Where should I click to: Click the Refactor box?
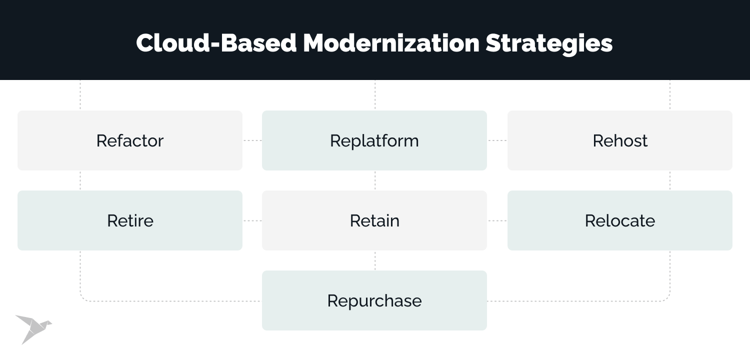tap(130, 140)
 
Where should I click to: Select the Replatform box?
tap(374, 140)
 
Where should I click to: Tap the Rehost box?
tap(620, 140)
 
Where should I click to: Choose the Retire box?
tap(130, 220)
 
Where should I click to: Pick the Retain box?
tap(374, 220)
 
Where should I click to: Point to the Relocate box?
tap(620, 220)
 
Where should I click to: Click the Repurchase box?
tap(374, 300)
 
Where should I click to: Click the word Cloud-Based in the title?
tap(216, 43)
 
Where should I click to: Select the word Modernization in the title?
tap(391, 43)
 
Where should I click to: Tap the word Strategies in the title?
tap(549, 43)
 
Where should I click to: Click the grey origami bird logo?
tap(32, 328)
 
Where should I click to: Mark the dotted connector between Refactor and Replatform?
tap(252, 140)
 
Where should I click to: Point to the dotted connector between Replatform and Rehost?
tap(497, 140)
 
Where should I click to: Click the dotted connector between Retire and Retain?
tap(252, 220)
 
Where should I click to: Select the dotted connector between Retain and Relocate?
tap(497, 220)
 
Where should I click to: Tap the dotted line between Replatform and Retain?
tap(375, 180)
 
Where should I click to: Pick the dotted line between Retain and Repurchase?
tap(375, 260)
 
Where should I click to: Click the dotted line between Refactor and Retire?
tap(80, 180)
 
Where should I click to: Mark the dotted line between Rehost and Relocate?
tap(670, 180)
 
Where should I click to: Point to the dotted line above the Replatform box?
tap(375, 95)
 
